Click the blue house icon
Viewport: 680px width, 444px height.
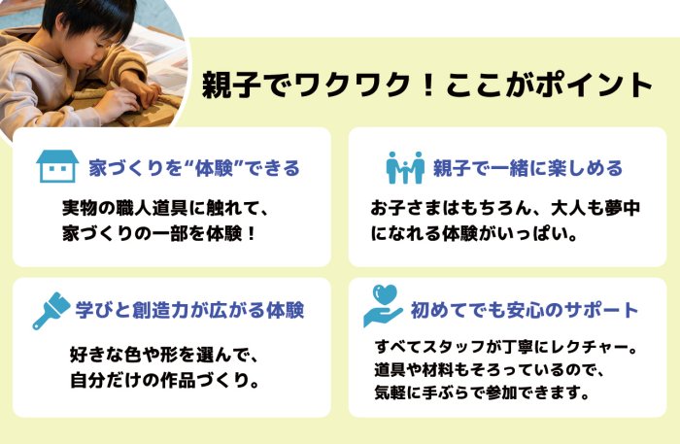(x=57, y=166)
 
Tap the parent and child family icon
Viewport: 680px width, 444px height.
(x=405, y=167)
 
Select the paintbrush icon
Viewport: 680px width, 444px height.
(x=51, y=311)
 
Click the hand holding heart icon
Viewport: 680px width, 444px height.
(x=384, y=306)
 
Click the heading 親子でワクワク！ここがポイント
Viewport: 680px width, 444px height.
(x=427, y=85)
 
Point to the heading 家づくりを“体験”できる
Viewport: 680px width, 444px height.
(x=194, y=168)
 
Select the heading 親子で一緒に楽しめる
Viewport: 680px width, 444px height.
(x=527, y=168)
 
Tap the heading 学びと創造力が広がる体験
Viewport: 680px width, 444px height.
(x=189, y=310)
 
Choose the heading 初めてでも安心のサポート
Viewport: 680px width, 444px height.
(x=525, y=310)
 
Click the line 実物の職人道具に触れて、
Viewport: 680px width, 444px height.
(x=166, y=208)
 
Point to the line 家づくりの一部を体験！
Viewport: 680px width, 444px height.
(x=159, y=234)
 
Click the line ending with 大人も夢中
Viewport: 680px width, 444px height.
(x=505, y=208)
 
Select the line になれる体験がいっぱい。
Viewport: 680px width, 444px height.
(x=474, y=234)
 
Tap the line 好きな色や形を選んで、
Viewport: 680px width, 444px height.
(x=164, y=356)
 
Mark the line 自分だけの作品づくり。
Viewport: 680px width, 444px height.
(x=164, y=381)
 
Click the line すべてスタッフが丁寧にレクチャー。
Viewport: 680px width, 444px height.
(x=506, y=347)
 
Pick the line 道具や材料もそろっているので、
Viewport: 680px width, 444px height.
(x=490, y=370)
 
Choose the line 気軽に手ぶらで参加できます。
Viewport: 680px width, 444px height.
(x=482, y=393)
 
